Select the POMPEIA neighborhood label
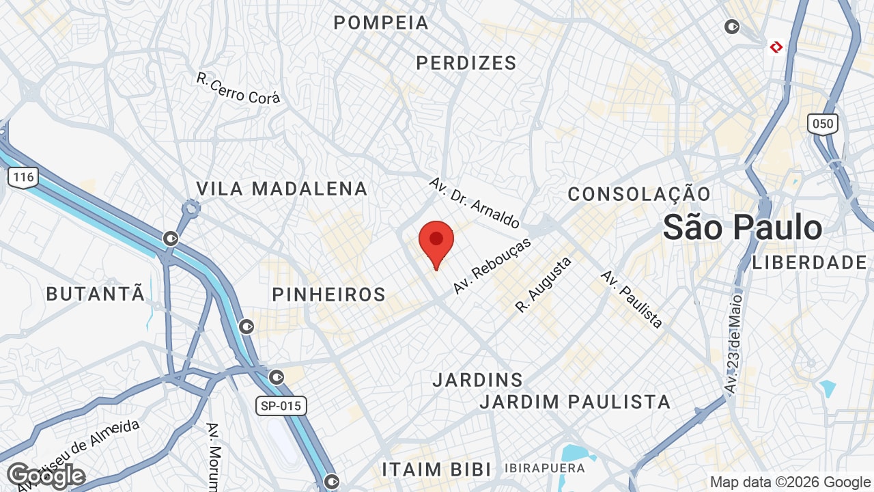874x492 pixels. point(381,23)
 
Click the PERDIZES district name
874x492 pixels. point(466,63)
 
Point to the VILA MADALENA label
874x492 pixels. point(282,189)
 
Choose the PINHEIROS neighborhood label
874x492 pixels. point(329,295)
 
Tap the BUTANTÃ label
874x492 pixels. point(96,295)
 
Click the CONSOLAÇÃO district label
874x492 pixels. point(639,194)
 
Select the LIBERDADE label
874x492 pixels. point(810,262)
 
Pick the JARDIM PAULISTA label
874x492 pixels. point(575,402)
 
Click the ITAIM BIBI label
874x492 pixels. point(436,470)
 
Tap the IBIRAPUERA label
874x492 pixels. point(545,469)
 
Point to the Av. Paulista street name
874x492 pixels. point(632,299)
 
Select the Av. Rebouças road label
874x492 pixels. point(492,266)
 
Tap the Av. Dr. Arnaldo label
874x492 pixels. point(475,203)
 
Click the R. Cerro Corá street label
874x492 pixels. point(238,89)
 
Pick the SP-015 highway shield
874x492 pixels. point(281,406)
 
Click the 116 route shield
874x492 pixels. point(23,178)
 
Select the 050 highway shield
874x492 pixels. point(823,124)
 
